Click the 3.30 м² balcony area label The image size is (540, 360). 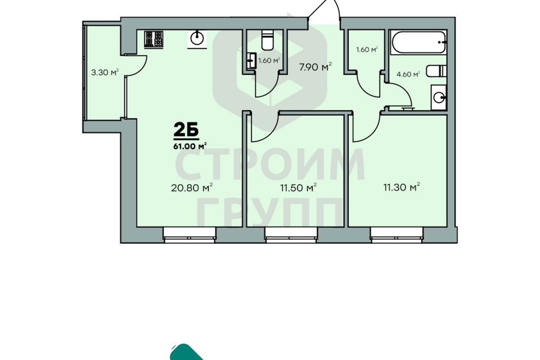tap(105, 73)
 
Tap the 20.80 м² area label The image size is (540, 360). tap(192, 188)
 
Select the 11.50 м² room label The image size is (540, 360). tap(298, 188)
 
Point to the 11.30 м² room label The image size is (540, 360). tap(402, 187)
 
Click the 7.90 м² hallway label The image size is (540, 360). tap(315, 66)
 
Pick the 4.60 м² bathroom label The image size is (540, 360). tap(408, 74)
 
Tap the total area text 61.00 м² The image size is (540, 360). tap(190, 146)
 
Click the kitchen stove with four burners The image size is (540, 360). tap(154, 39)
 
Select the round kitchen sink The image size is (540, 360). tap(197, 38)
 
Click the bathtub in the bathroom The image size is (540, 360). tap(418, 42)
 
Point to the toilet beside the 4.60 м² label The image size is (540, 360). tap(436, 71)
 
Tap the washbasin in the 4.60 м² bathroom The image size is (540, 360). tap(439, 97)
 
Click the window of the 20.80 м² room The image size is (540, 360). tap(190, 235)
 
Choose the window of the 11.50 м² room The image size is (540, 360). tap(291, 235)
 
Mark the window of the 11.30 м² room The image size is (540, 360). tap(397, 235)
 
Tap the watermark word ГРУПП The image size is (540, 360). tap(271, 213)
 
